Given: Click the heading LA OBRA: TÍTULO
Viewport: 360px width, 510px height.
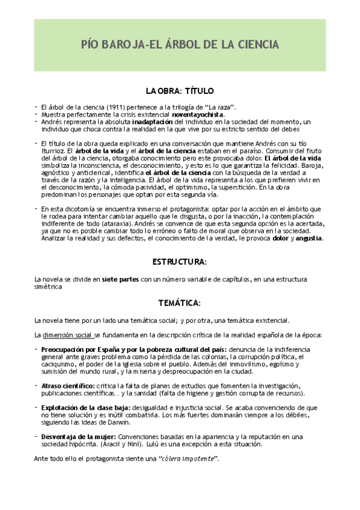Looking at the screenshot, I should pos(180,91).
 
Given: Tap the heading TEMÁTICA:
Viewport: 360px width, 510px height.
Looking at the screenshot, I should pos(180,301).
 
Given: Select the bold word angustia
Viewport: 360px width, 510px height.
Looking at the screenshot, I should pos(307,237).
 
